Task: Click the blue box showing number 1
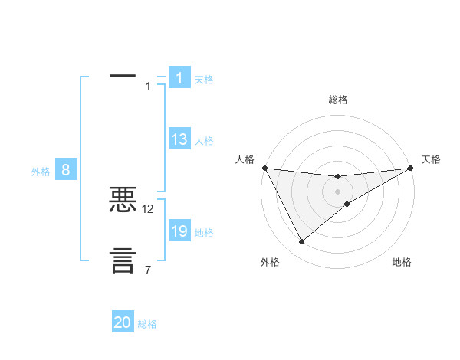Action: click(179, 78)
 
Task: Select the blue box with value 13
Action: click(179, 139)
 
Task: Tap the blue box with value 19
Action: click(179, 231)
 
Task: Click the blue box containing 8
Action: click(66, 170)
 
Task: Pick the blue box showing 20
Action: click(123, 322)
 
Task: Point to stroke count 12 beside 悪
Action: click(148, 208)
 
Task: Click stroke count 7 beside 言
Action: click(148, 270)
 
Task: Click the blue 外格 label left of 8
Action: click(41, 172)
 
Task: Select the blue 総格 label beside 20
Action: click(147, 324)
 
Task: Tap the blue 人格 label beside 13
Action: click(204, 141)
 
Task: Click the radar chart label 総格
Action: click(337, 100)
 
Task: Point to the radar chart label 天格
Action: click(431, 159)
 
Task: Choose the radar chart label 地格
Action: click(402, 262)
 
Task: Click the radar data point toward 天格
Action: click(410, 168)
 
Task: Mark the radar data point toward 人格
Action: click(264, 168)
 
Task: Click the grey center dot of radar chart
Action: click(337, 191)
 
